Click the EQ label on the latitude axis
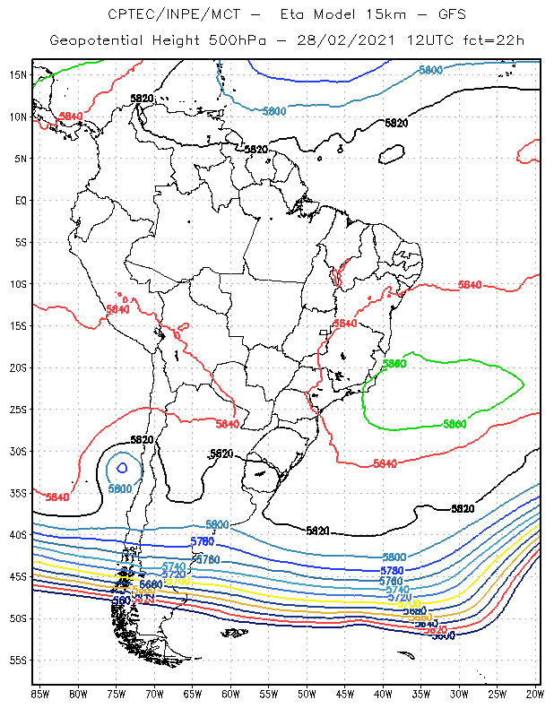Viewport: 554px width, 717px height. tap(21, 200)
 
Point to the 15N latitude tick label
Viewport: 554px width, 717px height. tap(18, 74)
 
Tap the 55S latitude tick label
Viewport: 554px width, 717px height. tap(18, 661)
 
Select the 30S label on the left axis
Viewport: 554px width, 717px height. tap(18, 451)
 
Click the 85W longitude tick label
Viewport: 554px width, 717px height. tap(39, 693)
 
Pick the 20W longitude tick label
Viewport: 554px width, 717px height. tap(533, 693)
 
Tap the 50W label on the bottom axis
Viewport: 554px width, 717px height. tap(307, 693)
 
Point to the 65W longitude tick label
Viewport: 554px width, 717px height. tap(192, 693)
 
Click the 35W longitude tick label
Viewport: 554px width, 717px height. tap(421, 693)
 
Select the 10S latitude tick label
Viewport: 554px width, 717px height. tap(18, 284)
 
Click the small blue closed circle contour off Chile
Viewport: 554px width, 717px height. tap(122, 467)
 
